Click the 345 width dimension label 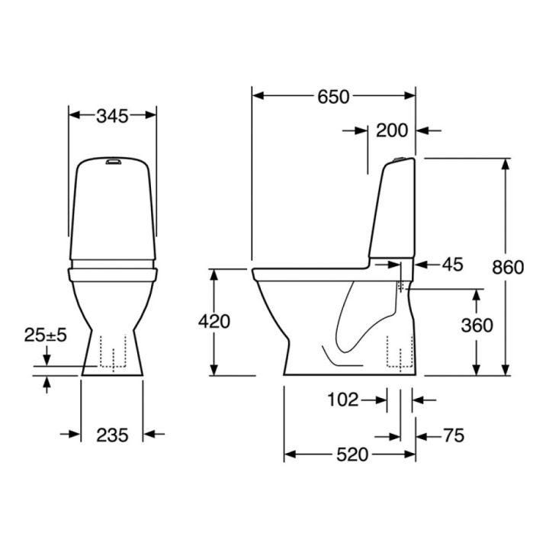112,116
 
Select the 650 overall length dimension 333,97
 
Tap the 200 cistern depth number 392,130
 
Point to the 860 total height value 508,268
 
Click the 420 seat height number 214,322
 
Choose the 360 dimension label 477,326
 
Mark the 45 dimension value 452,265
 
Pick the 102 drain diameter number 343,400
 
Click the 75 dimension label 454,436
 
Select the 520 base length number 352,454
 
